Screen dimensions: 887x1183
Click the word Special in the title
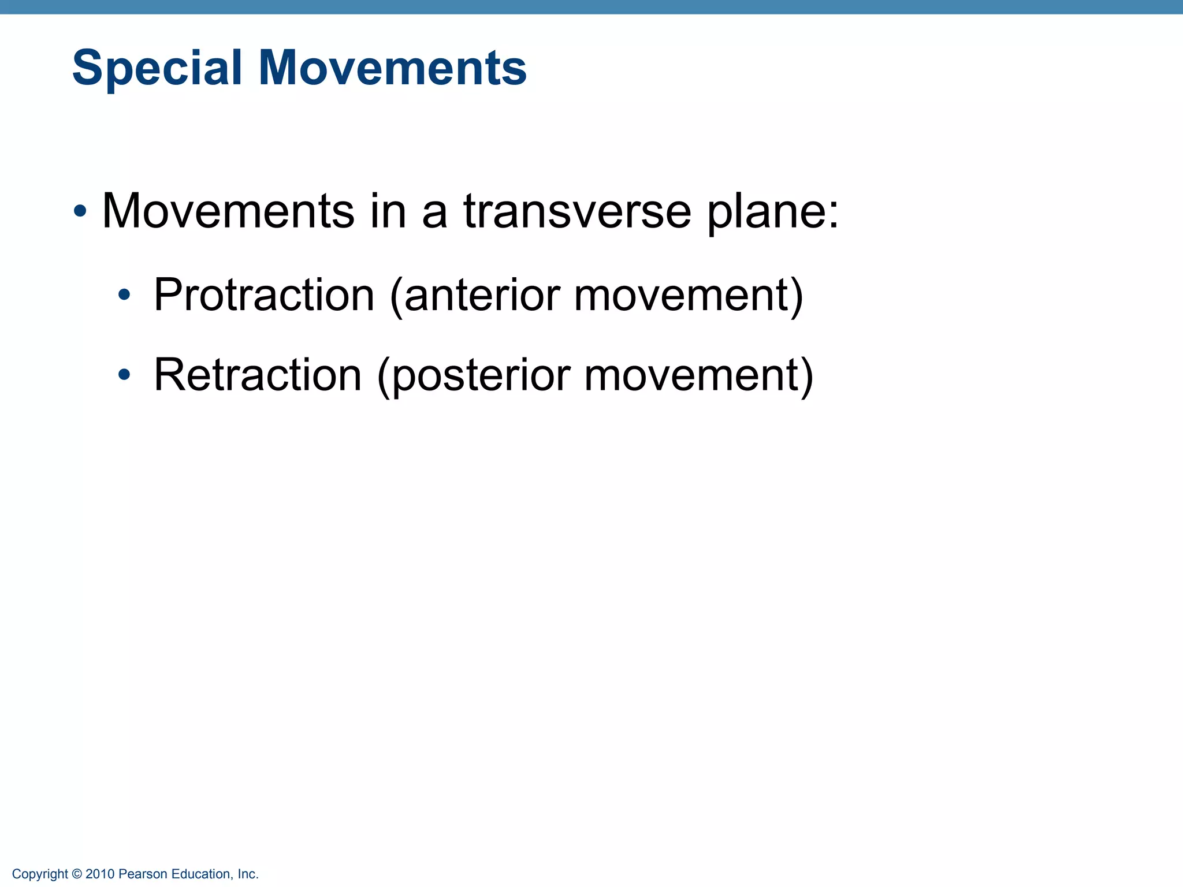157,69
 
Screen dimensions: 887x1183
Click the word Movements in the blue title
392,68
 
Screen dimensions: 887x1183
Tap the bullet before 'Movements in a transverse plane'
80,211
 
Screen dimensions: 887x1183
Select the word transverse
577,211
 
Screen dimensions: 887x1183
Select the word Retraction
258,375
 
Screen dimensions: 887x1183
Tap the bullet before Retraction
124,376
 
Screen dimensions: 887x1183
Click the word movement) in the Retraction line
698,376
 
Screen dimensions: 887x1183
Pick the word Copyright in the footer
40,874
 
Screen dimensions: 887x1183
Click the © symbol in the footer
77,874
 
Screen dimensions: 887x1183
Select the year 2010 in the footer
100,874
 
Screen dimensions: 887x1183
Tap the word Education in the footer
202,874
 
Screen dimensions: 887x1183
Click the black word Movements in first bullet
228,211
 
